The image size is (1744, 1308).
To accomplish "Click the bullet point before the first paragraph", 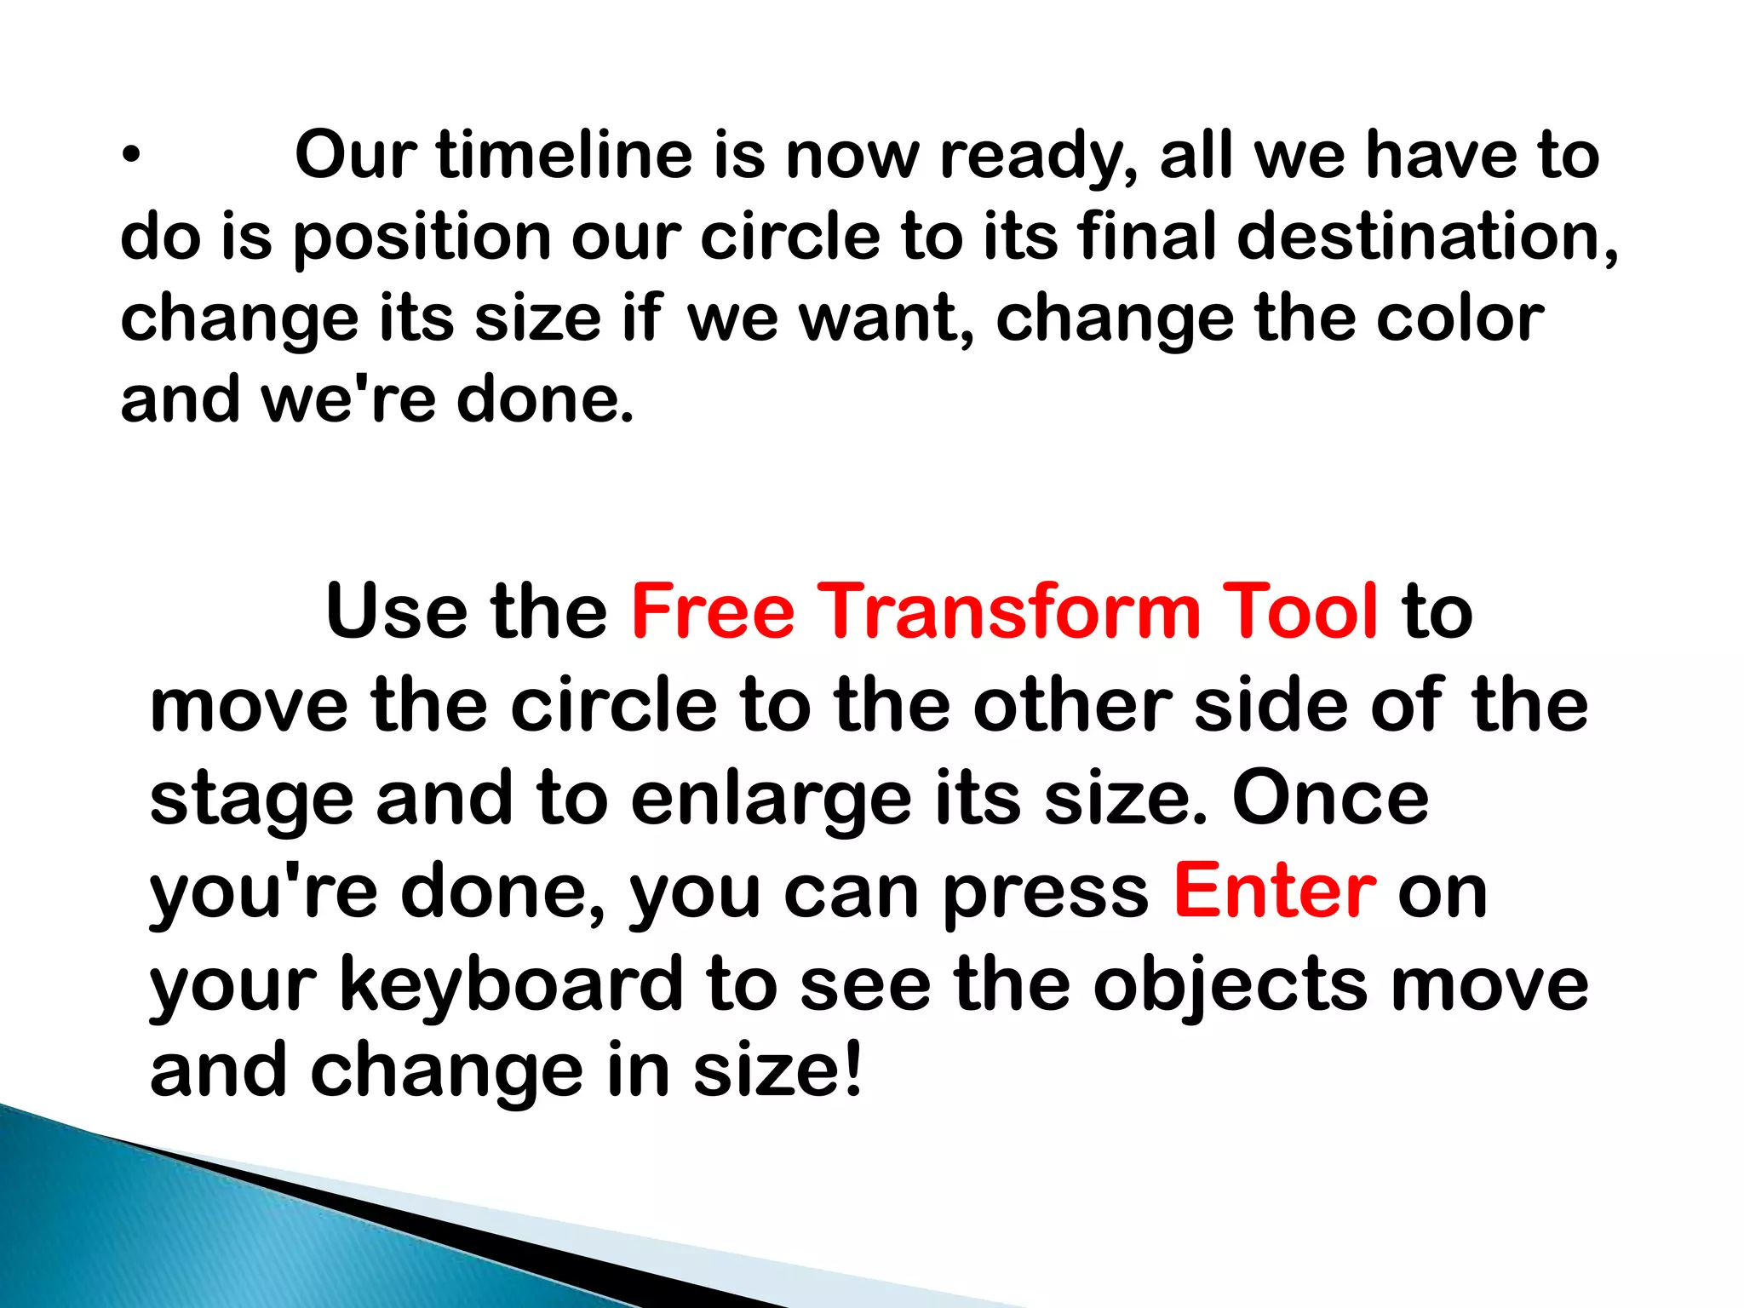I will [129, 156].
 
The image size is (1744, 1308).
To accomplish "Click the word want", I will [886, 318].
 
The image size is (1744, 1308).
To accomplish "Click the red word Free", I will [713, 611].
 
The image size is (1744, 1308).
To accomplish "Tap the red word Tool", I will [1299, 611].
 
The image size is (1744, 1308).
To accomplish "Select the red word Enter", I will [1274, 892].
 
